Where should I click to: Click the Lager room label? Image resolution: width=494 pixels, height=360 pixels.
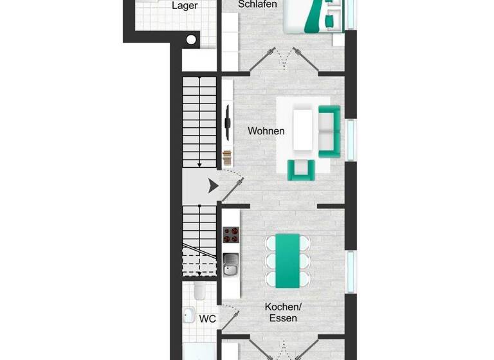[x=185, y=6]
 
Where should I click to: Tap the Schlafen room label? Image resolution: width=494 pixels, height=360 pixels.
[x=257, y=4]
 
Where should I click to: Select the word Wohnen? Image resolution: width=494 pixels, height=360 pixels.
[x=266, y=131]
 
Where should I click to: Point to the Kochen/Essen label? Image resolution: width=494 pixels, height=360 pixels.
[x=284, y=312]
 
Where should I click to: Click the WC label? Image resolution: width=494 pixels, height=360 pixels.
[x=207, y=319]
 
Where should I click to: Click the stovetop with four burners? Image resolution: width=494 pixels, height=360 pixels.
[x=231, y=236]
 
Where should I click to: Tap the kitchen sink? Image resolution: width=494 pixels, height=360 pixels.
[x=231, y=264]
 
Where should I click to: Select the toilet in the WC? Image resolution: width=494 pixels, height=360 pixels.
[x=199, y=293]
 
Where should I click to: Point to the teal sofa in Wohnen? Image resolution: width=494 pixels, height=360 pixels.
[x=329, y=132]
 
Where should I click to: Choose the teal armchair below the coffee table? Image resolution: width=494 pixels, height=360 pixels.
[x=301, y=169]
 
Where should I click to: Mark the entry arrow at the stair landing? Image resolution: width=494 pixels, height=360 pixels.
[x=212, y=186]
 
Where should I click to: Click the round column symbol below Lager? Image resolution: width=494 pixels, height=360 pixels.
[x=190, y=40]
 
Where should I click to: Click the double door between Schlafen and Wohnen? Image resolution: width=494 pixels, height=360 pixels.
[x=283, y=61]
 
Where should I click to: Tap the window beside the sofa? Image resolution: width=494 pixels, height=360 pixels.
[x=351, y=138]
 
